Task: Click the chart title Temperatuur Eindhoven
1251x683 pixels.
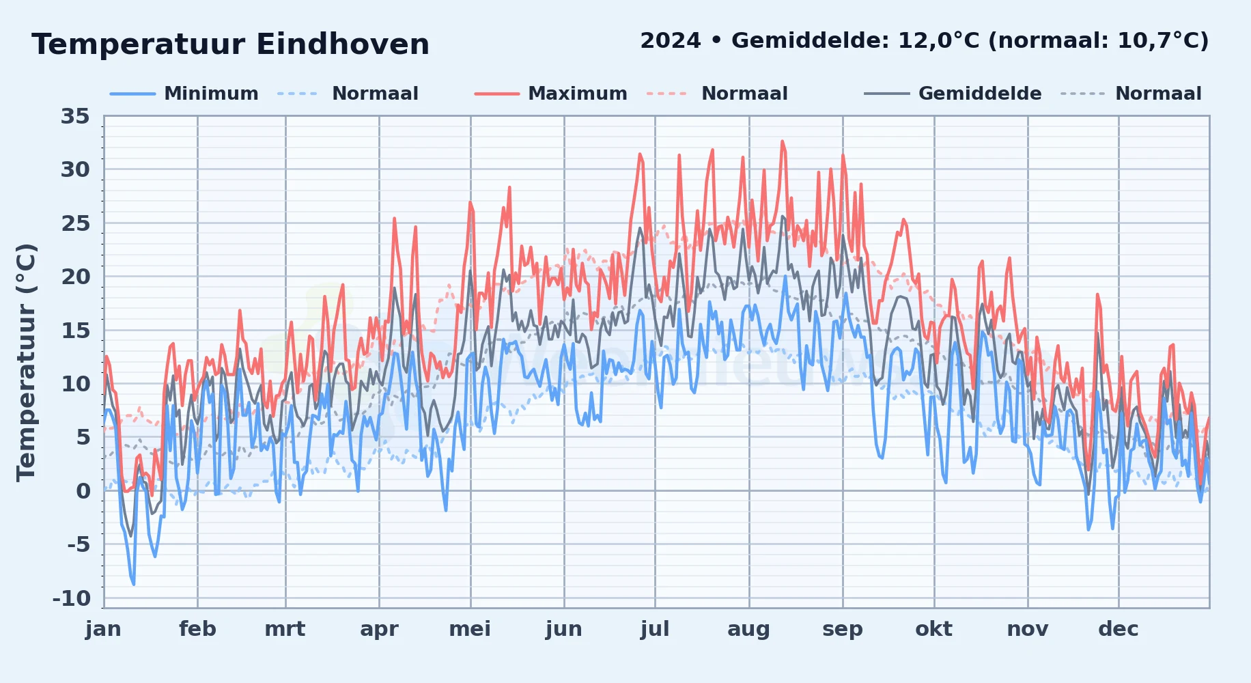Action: [x=230, y=44]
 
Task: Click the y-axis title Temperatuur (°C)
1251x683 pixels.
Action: [x=26, y=362]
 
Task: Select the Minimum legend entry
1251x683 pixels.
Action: [x=184, y=94]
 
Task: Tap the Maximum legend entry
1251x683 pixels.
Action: [x=551, y=94]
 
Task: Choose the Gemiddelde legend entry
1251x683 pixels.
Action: [x=953, y=94]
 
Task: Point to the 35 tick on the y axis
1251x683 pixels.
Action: [x=75, y=116]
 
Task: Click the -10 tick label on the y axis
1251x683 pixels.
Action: [x=72, y=598]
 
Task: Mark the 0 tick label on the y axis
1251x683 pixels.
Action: [x=83, y=491]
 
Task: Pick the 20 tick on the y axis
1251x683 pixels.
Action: [x=75, y=277]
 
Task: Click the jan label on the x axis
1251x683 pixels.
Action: [x=104, y=629]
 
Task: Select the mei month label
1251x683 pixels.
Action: [x=470, y=629]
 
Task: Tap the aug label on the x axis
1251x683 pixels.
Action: [x=749, y=630]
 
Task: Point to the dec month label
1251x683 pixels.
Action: [x=1119, y=629]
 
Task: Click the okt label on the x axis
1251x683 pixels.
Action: [x=934, y=629]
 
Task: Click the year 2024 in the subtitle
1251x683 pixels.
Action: [x=671, y=41]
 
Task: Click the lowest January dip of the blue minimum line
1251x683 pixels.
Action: [x=134, y=584]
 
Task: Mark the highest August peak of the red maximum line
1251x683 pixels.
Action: [x=783, y=141]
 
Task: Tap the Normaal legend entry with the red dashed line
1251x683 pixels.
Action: [x=717, y=94]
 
